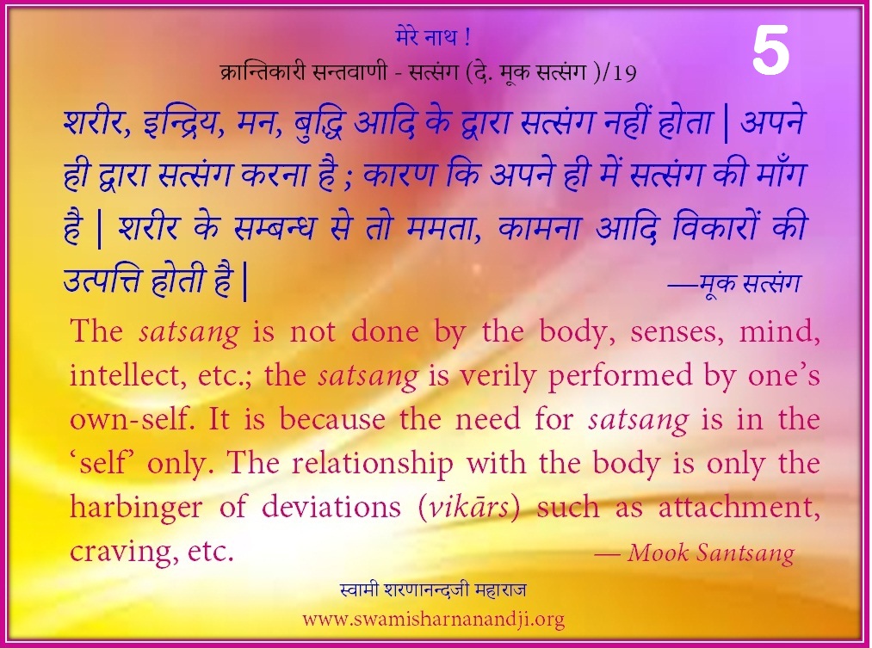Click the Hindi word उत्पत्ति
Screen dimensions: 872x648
[x=103, y=280]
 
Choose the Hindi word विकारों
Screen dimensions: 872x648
[x=715, y=225]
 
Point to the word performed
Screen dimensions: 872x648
[x=620, y=377]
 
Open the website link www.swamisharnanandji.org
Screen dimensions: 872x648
[x=433, y=619]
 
